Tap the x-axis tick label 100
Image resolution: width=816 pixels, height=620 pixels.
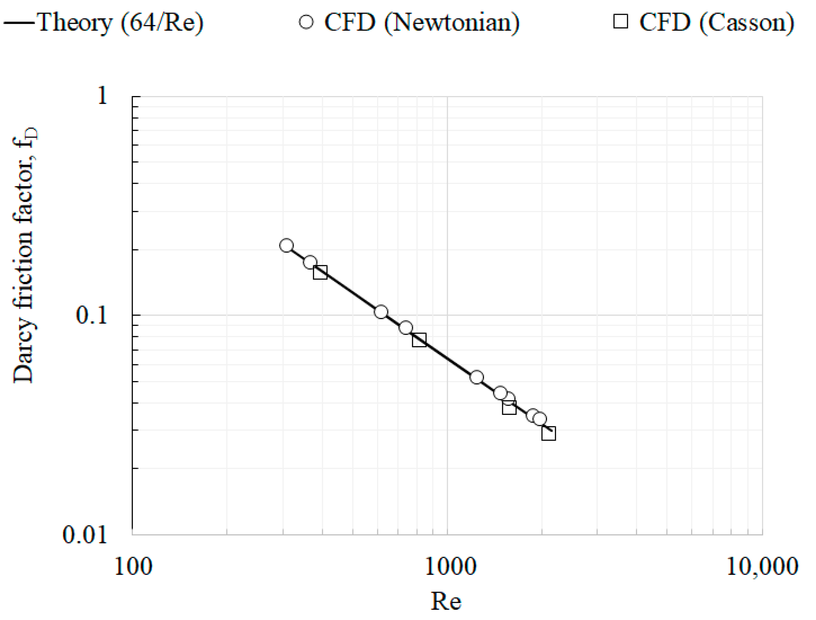[x=133, y=567]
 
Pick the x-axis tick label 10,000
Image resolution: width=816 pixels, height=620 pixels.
[x=762, y=567]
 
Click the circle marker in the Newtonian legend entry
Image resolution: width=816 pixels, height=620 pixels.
[x=306, y=22]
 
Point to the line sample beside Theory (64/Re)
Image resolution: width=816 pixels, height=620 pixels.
[x=18, y=22]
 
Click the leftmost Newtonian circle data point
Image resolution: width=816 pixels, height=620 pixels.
[x=287, y=245]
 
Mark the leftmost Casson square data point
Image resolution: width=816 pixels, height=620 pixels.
[x=320, y=272]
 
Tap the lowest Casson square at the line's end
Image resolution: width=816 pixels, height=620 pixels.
[x=548, y=434]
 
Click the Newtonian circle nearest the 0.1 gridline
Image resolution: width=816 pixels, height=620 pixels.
[x=381, y=312]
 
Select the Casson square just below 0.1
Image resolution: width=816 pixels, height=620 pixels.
[x=419, y=340]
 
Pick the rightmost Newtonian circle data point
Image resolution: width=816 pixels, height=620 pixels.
[x=540, y=419]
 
